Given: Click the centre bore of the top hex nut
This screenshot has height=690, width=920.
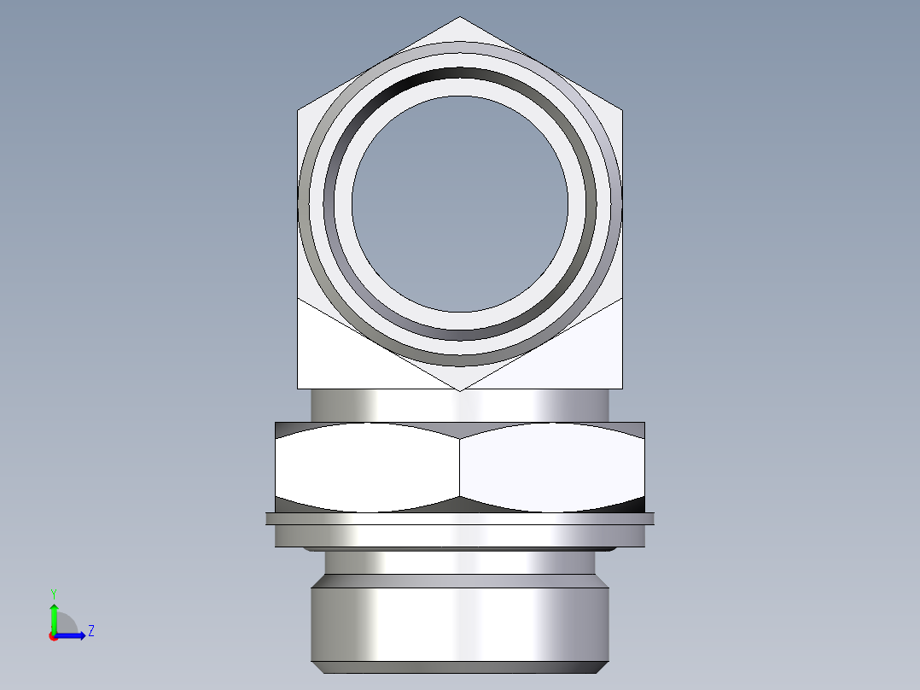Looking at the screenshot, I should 459,202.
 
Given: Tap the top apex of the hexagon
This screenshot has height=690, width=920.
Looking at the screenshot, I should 460,17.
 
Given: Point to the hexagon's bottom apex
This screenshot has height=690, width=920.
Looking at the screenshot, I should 460,390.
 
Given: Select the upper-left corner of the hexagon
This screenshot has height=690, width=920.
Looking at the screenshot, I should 298,110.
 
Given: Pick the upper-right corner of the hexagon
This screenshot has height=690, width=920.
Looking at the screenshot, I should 621,110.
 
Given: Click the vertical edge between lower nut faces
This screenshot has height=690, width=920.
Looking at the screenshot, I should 460,465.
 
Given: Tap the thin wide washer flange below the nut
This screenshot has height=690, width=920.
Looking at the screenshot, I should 460,517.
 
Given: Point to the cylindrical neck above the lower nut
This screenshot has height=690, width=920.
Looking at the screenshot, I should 460,405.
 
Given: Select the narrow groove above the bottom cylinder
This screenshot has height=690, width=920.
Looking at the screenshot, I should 460,562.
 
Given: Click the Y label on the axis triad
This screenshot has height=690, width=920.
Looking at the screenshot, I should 53,593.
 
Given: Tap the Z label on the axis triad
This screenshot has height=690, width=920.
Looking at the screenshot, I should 91,631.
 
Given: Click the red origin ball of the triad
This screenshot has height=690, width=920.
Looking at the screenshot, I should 53,636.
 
